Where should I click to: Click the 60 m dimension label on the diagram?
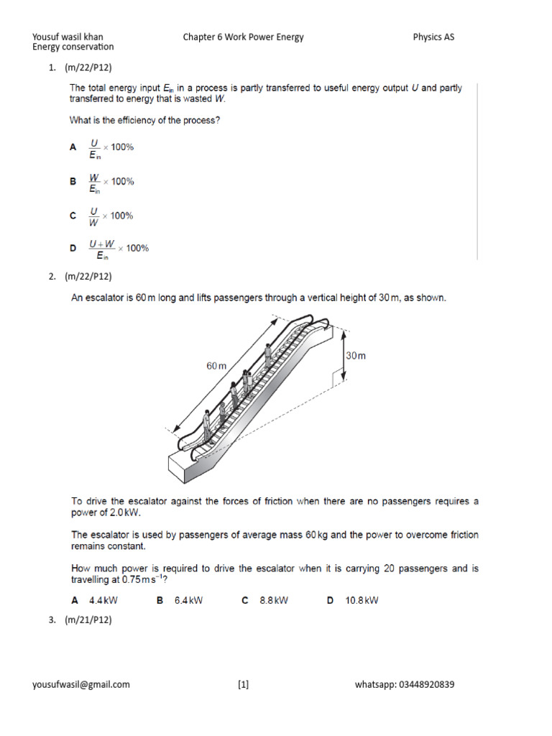(216, 366)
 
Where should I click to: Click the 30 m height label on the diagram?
(356, 355)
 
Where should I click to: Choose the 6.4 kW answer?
(188, 600)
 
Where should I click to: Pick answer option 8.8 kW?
(274, 600)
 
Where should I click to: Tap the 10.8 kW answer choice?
(362, 600)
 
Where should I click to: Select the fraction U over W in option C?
(93, 216)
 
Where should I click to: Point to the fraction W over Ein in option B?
(94, 183)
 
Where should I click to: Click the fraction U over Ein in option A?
(94, 147)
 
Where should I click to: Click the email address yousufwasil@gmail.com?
(81, 684)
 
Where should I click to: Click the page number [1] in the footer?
(243, 684)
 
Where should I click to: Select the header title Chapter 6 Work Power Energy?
(243, 37)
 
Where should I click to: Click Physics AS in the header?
(433, 37)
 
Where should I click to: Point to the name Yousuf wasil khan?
(73, 37)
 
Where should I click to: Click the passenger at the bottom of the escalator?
(206, 425)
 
